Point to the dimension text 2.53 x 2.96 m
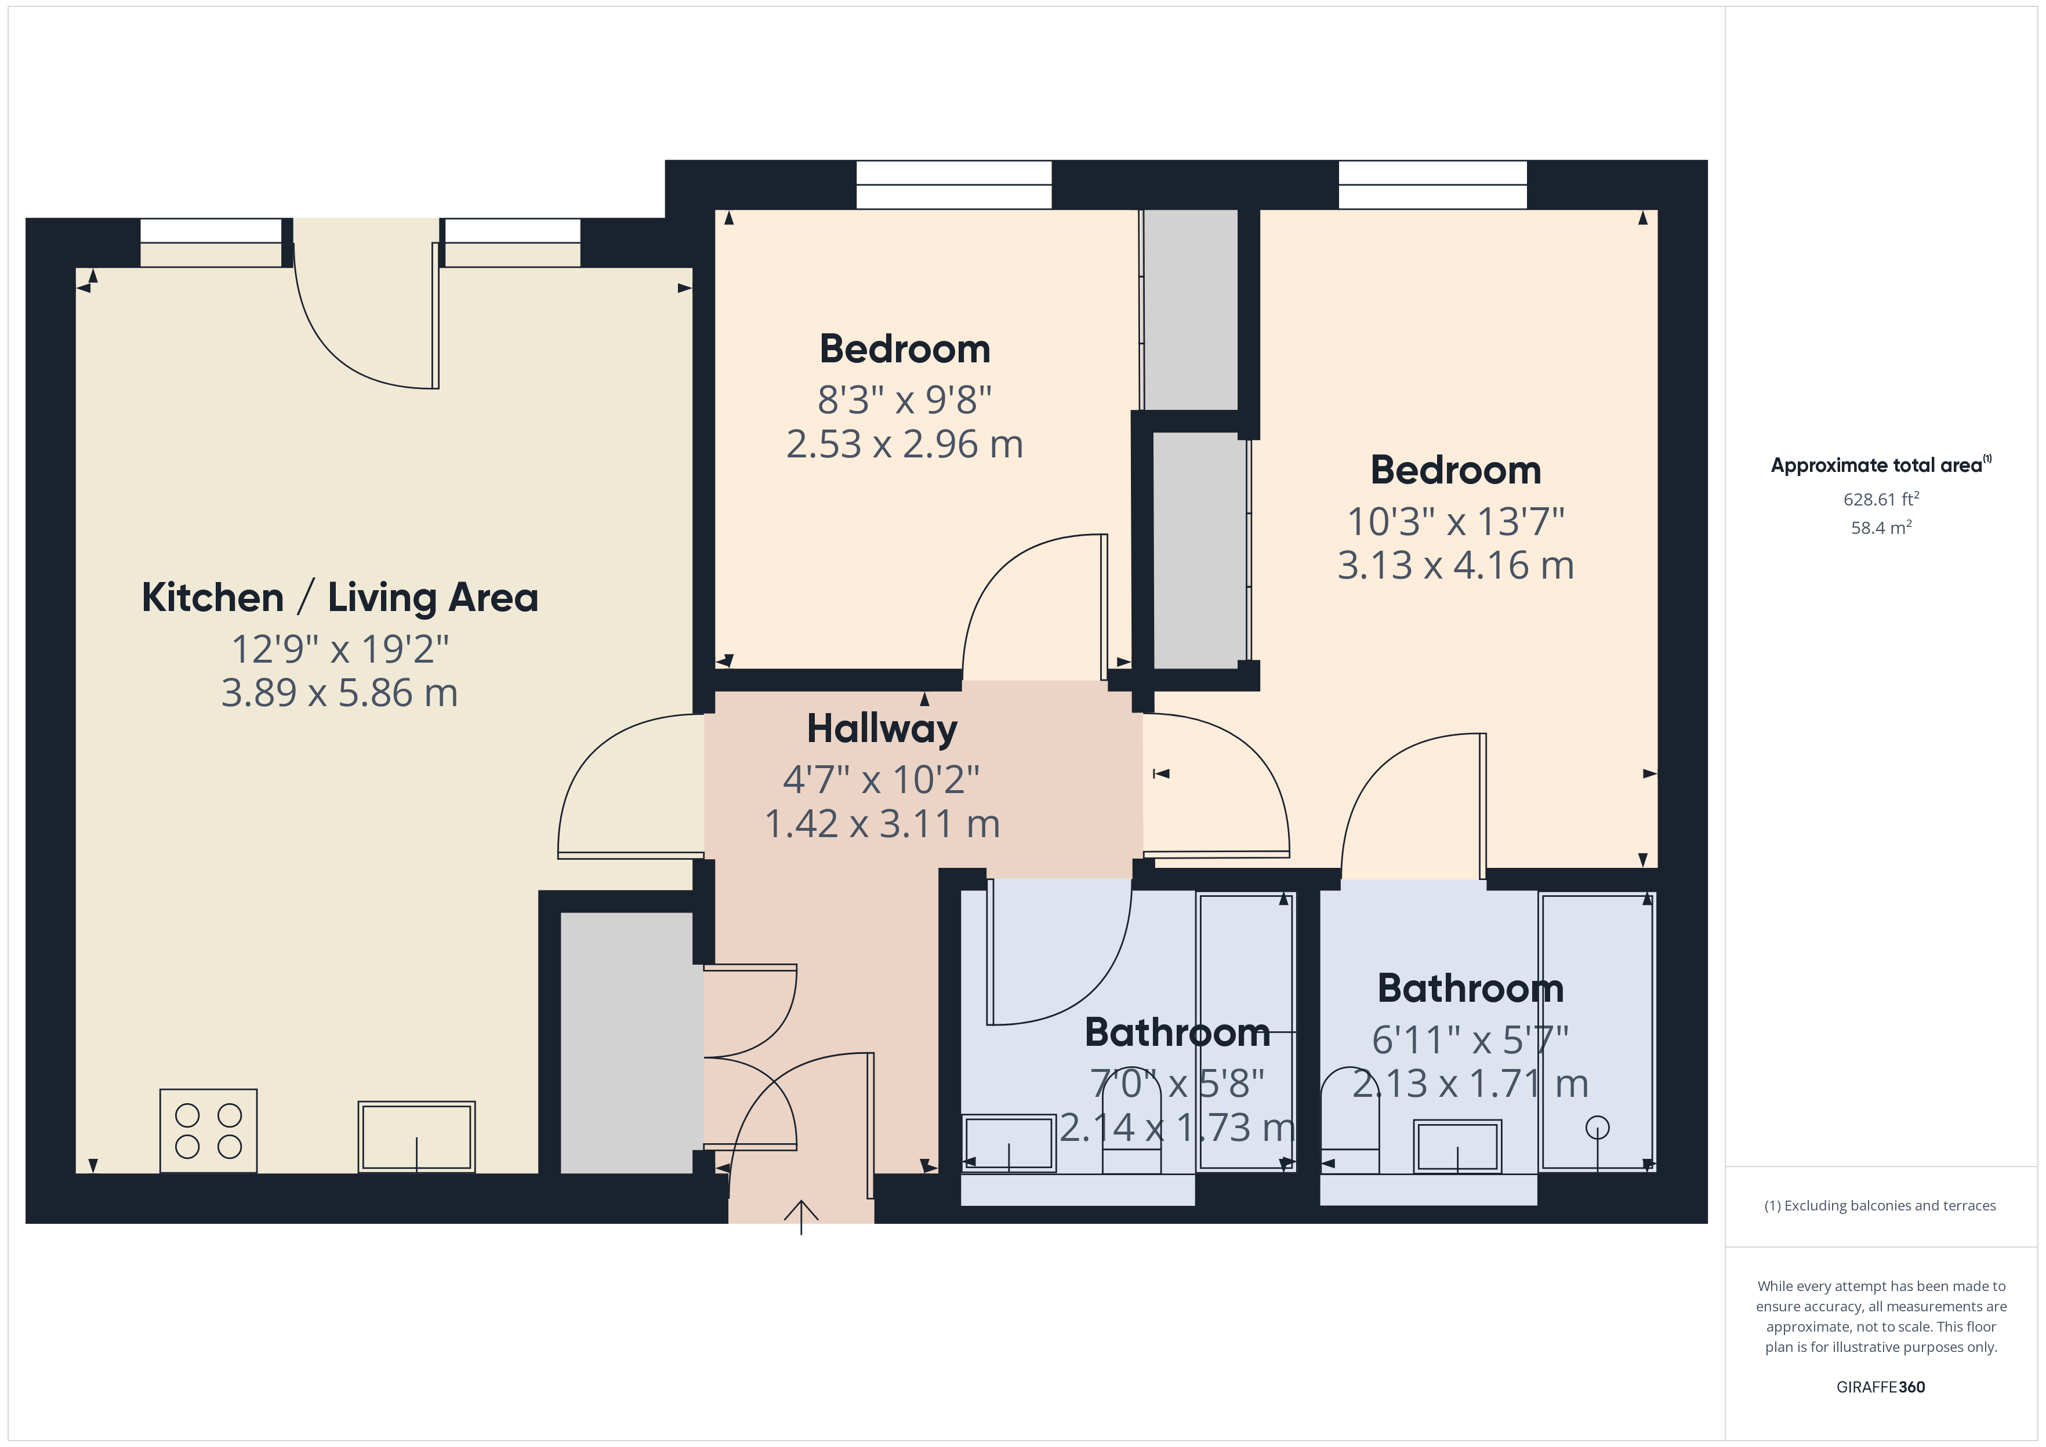point(905,443)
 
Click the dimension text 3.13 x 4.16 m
point(1455,565)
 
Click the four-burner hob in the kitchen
point(209,1130)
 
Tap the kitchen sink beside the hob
point(416,1137)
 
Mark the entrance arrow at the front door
point(801,1217)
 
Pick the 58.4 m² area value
point(1881,528)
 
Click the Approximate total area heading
point(1880,464)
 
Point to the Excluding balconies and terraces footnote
point(1880,1205)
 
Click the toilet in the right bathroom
point(1349,1121)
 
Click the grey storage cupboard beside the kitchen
point(626,1042)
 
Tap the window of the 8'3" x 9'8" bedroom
point(953,184)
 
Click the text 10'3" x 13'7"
point(1455,521)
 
